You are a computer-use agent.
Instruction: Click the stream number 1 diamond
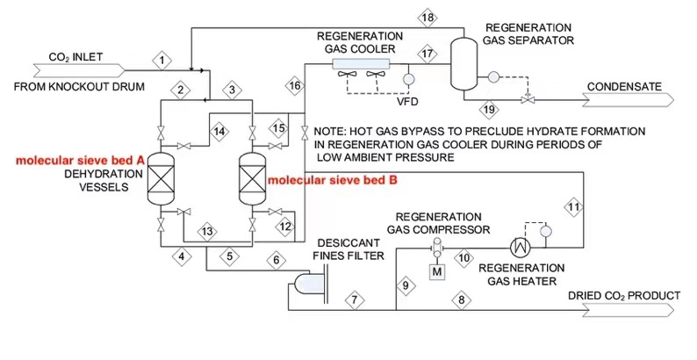162,60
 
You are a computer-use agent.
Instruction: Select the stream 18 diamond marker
428,18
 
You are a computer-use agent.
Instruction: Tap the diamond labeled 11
573,207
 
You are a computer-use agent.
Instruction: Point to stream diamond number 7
354,299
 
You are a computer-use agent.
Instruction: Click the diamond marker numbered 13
207,231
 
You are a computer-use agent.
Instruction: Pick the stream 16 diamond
295,85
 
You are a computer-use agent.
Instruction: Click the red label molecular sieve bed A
80,162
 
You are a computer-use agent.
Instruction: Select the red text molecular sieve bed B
333,180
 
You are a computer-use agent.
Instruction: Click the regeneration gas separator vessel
463,62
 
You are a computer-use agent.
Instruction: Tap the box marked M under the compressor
436,270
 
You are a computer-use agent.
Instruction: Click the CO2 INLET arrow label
75,60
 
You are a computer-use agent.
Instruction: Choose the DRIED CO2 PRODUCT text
623,296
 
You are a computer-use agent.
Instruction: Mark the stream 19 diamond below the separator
490,109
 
